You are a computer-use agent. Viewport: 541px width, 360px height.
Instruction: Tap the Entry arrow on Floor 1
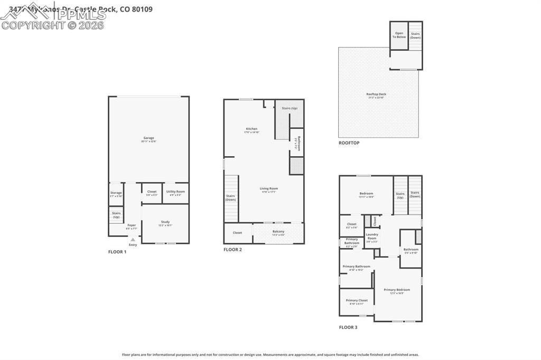click(x=133, y=240)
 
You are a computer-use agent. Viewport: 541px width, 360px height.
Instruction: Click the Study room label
click(x=165, y=223)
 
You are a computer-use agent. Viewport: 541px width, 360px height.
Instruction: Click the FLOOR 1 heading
click(x=117, y=252)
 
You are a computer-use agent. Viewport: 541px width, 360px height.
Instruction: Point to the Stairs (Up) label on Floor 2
click(x=290, y=108)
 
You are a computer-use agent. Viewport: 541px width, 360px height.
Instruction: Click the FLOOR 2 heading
click(x=232, y=249)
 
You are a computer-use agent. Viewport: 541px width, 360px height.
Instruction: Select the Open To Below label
click(x=399, y=35)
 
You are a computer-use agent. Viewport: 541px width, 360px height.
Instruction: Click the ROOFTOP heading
click(x=349, y=143)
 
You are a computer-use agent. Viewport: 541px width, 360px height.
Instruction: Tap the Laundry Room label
click(x=372, y=235)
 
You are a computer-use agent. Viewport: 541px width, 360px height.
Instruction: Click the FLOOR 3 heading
click(x=348, y=327)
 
